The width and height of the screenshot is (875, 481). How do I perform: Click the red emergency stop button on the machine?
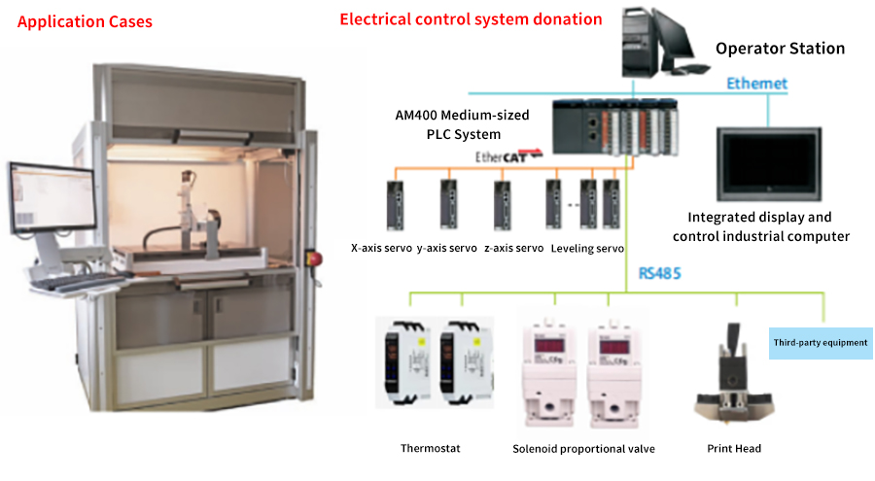315,258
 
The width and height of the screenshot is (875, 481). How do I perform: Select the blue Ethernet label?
756,84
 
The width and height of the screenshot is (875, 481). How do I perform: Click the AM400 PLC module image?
615,127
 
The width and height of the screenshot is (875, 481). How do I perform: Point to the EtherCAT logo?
508,156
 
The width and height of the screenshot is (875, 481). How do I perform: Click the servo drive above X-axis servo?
395,205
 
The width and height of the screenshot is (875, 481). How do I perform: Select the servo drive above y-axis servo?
448,204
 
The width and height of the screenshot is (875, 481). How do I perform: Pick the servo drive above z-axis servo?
503,205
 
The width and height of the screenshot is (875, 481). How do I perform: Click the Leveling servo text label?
587,249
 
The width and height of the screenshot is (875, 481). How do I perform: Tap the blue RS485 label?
659,273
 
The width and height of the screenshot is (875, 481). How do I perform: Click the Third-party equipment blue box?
821,343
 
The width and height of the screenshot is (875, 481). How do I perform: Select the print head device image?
733,373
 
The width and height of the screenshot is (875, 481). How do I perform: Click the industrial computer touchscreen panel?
769,164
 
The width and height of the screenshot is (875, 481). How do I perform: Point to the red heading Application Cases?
85,21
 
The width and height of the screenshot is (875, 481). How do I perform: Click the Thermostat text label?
431,448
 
